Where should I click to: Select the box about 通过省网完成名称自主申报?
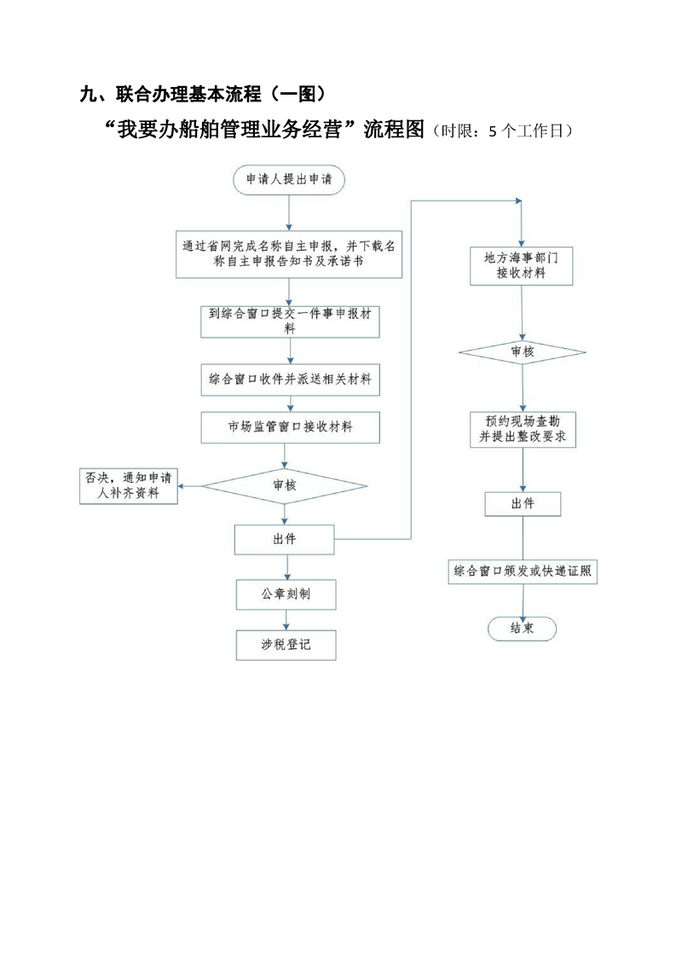click(290, 254)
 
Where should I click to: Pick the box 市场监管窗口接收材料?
click(290, 426)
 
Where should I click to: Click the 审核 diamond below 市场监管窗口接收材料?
click(285, 485)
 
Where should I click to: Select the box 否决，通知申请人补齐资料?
click(129, 485)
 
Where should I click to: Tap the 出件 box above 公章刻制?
click(285, 539)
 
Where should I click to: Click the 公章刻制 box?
click(286, 594)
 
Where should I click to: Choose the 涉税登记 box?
click(286, 645)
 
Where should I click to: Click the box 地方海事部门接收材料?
click(522, 265)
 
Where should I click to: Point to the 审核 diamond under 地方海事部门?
click(523, 351)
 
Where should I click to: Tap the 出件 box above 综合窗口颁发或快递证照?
click(523, 503)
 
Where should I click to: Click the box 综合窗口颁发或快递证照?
click(523, 571)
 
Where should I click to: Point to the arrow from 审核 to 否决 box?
click(189, 485)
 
